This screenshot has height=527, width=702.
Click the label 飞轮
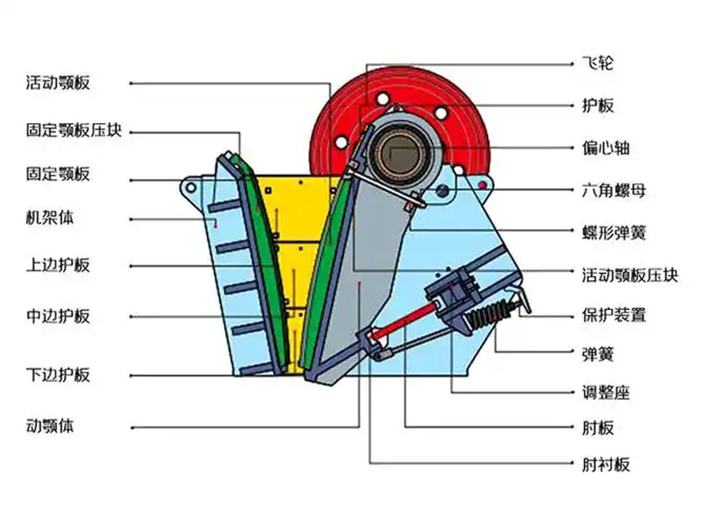click(597, 63)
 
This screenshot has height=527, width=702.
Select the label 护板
click(597, 105)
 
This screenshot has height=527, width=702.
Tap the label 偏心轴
click(606, 148)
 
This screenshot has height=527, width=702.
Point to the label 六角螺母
click(614, 190)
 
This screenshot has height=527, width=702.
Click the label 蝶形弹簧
click(614, 232)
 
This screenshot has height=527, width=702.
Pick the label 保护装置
click(614, 314)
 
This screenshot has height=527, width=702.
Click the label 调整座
click(606, 392)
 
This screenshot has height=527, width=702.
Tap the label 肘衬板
click(606, 464)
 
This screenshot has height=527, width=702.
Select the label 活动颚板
click(58, 83)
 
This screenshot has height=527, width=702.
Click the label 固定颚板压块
click(74, 131)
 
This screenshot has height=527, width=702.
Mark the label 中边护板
click(58, 315)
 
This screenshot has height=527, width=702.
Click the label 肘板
click(597, 427)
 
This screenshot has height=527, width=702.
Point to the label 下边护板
click(58, 374)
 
